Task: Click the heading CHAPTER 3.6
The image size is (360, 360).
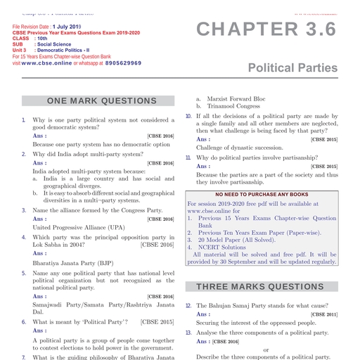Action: tap(266, 30)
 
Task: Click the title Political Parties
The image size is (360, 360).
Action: tap(291, 67)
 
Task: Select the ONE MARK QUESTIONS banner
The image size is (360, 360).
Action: tap(101, 101)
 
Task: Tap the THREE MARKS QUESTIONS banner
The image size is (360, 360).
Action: tap(259, 286)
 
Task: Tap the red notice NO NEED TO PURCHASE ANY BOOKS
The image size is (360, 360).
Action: tap(262, 194)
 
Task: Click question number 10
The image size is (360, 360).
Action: tap(188, 115)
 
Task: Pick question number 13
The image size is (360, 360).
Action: tap(188, 332)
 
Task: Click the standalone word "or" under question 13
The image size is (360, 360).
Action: tap(266, 349)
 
